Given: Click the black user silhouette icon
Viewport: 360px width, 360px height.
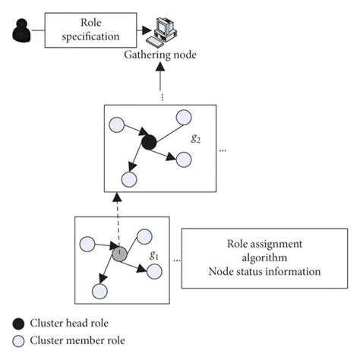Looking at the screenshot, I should point(22,31).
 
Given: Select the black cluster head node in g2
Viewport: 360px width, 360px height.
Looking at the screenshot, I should point(149,141).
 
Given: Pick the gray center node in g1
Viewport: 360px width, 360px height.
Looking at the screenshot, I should point(119,254).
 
